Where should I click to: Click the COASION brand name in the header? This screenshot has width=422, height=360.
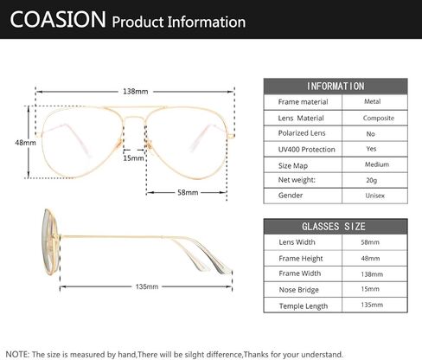[58, 19]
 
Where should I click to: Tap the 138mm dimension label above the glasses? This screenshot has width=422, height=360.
[135, 92]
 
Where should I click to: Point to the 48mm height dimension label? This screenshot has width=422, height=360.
[25, 143]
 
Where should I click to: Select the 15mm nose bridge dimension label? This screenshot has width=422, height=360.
[133, 158]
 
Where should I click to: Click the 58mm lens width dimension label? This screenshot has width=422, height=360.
[188, 192]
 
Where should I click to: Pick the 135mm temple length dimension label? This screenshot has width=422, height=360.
[147, 286]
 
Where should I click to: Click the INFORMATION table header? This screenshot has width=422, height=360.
[336, 87]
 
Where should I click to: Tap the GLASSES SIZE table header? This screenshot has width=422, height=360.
[334, 227]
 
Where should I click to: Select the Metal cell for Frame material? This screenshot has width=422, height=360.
[373, 101]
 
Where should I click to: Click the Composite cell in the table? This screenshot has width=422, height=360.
[379, 119]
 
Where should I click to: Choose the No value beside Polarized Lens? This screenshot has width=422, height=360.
[370, 134]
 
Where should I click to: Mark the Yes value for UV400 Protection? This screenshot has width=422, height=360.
[371, 149]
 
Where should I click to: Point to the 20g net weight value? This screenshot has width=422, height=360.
[372, 180]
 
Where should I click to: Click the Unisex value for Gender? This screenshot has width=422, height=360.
[375, 196]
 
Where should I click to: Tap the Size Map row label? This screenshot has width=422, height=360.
[293, 166]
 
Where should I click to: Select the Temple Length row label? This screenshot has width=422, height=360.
[304, 306]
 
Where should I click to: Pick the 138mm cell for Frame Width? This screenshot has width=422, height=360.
[372, 274]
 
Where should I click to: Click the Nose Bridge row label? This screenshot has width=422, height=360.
[298, 290]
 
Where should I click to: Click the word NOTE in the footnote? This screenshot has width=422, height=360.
[16, 354]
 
